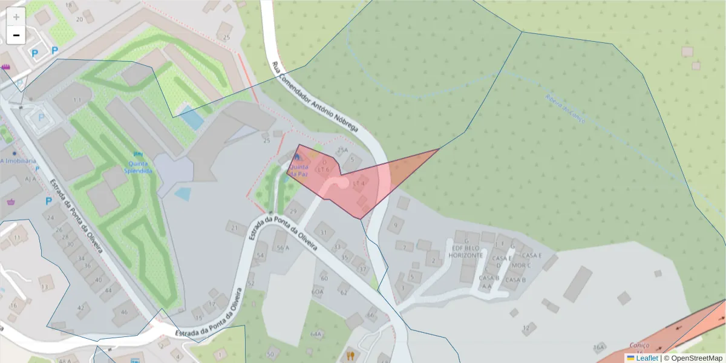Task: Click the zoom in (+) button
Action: point(16,16)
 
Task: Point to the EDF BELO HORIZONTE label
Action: point(466,251)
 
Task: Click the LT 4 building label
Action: point(359,182)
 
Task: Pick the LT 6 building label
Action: point(324,169)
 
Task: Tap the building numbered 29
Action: point(294,211)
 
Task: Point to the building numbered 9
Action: point(396,225)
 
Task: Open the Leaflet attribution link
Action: point(647,358)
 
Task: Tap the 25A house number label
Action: point(343,150)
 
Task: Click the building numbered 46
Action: point(125,312)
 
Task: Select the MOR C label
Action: point(520,265)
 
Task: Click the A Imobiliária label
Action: point(18,161)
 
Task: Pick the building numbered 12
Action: point(526,327)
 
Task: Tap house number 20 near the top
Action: point(79,19)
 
